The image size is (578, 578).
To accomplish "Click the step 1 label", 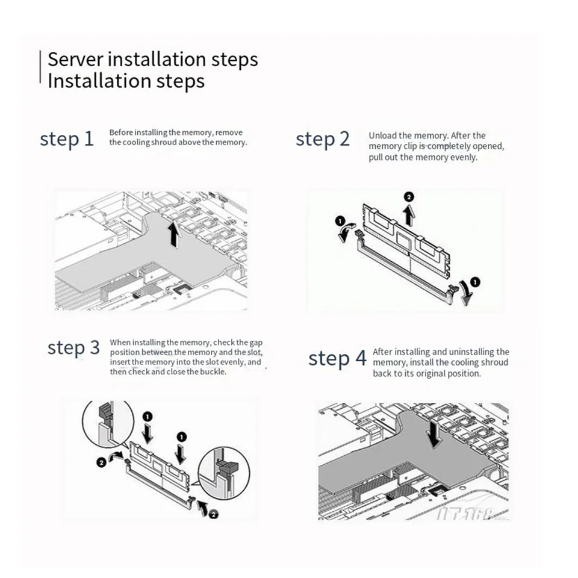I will click(x=67, y=139).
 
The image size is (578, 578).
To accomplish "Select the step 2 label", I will click(x=322, y=139).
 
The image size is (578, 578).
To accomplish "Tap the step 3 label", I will click(x=73, y=347).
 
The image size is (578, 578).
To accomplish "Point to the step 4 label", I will click(x=337, y=359).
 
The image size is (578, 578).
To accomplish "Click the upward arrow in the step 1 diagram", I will click(x=174, y=234).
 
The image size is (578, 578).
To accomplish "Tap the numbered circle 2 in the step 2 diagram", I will click(x=409, y=197).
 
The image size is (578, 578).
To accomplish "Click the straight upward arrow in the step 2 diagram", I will click(x=409, y=216).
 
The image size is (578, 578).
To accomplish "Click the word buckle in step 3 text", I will click(x=214, y=372).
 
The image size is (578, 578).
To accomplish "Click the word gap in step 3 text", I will click(x=255, y=343).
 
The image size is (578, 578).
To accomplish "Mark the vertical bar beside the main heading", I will click(x=40, y=69).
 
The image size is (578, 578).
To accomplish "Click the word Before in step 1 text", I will click(x=120, y=132).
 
